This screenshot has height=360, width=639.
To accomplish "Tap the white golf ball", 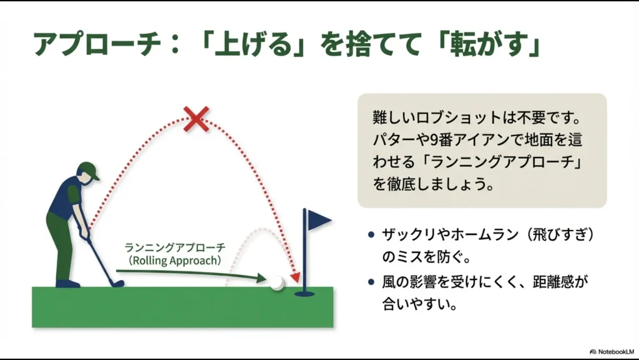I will click(x=276, y=282).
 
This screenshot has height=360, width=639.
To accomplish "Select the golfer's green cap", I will click(x=89, y=170).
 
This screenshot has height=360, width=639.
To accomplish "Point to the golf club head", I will click(x=116, y=283).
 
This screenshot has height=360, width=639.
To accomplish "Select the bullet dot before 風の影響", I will click(x=371, y=283).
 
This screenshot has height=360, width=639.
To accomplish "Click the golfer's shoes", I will click(x=68, y=283).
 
